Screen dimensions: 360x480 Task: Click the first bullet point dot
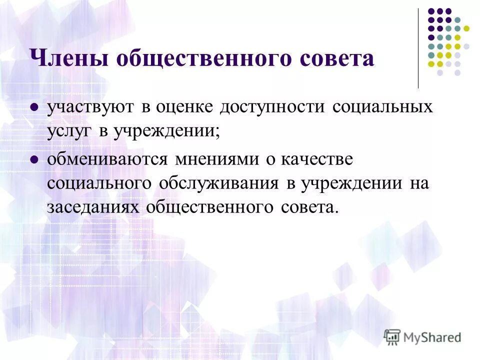34,107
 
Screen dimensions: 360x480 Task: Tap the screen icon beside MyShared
392,337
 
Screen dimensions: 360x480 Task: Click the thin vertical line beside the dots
418,48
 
